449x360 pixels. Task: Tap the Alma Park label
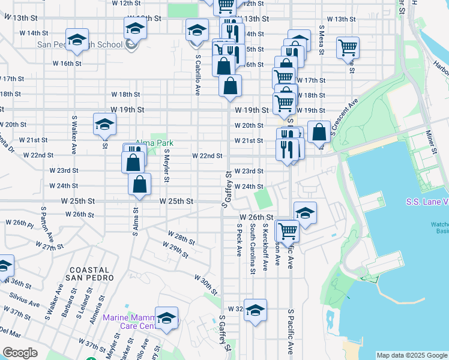[x=154, y=143]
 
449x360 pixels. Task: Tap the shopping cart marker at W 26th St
[x=288, y=230]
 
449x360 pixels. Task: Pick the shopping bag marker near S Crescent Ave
[x=319, y=131]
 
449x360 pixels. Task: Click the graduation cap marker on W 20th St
[x=104, y=124]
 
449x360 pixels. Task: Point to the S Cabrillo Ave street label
[x=197, y=76]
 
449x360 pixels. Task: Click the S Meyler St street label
[x=167, y=165]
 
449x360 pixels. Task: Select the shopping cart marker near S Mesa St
[x=348, y=47]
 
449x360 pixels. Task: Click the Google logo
[x=20, y=352]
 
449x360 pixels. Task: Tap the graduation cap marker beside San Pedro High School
[x=76, y=40]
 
